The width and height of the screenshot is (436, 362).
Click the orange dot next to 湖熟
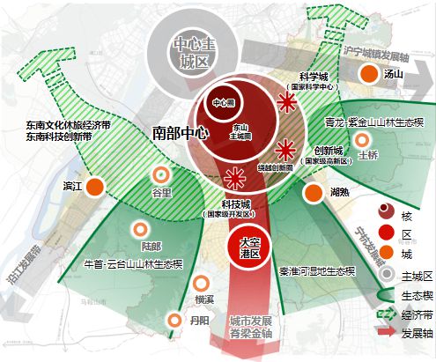(313, 193)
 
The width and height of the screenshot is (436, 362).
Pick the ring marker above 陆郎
(137, 231)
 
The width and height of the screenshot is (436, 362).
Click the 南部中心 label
(179, 136)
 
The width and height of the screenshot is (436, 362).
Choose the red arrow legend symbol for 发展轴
(384, 333)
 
